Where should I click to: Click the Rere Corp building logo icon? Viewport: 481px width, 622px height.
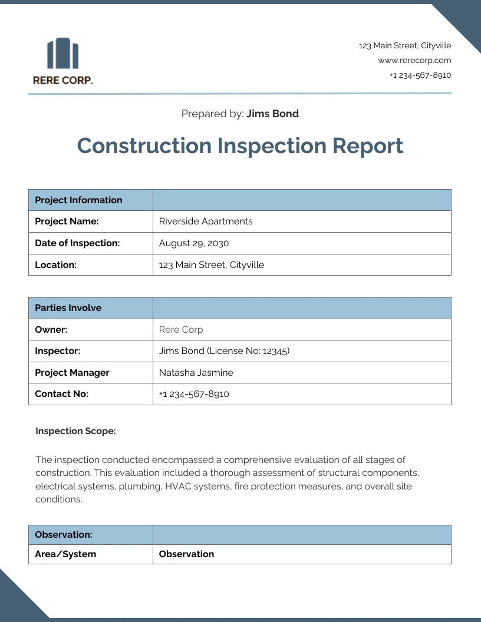pyautogui.click(x=62, y=53)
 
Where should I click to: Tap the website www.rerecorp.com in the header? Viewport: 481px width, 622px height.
pyautogui.click(x=414, y=60)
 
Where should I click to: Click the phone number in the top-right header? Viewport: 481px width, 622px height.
pyautogui.click(x=420, y=75)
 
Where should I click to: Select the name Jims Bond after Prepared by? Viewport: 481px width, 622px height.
pyautogui.click(x=272, y=114)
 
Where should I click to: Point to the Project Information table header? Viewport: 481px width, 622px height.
pyautogui.click(x=78, y=200)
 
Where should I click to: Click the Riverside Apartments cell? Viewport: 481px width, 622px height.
pyautogui.click(x=206, y=221)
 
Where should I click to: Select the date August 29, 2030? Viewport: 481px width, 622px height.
pyautogui.click(x=194, y=243)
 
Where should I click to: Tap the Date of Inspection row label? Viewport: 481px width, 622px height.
pyautogui.click(x=77, y=243)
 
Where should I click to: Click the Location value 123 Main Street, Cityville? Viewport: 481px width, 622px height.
pyautogui.click(x=212, y=264)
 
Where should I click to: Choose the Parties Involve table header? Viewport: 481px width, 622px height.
pyautogui.click(x=68, y=307)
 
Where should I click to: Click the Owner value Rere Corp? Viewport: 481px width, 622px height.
pyautogui.click(x=181, y=329)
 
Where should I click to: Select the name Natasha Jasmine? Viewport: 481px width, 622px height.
pyautogui.click(x=196, y=372)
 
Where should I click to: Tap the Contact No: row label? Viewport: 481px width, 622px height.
pyautogui.click(x=61, y=394)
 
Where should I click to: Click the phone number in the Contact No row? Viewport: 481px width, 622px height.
pyautogui.click(x=194, y=394)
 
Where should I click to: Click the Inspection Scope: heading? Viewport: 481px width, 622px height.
pyautogui.click(x=75, y=431)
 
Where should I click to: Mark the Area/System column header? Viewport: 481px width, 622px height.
pyautogui.click(x=65, y=554)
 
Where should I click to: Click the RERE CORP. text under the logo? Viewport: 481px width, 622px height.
pyautogui.click(x=62, y=80)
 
